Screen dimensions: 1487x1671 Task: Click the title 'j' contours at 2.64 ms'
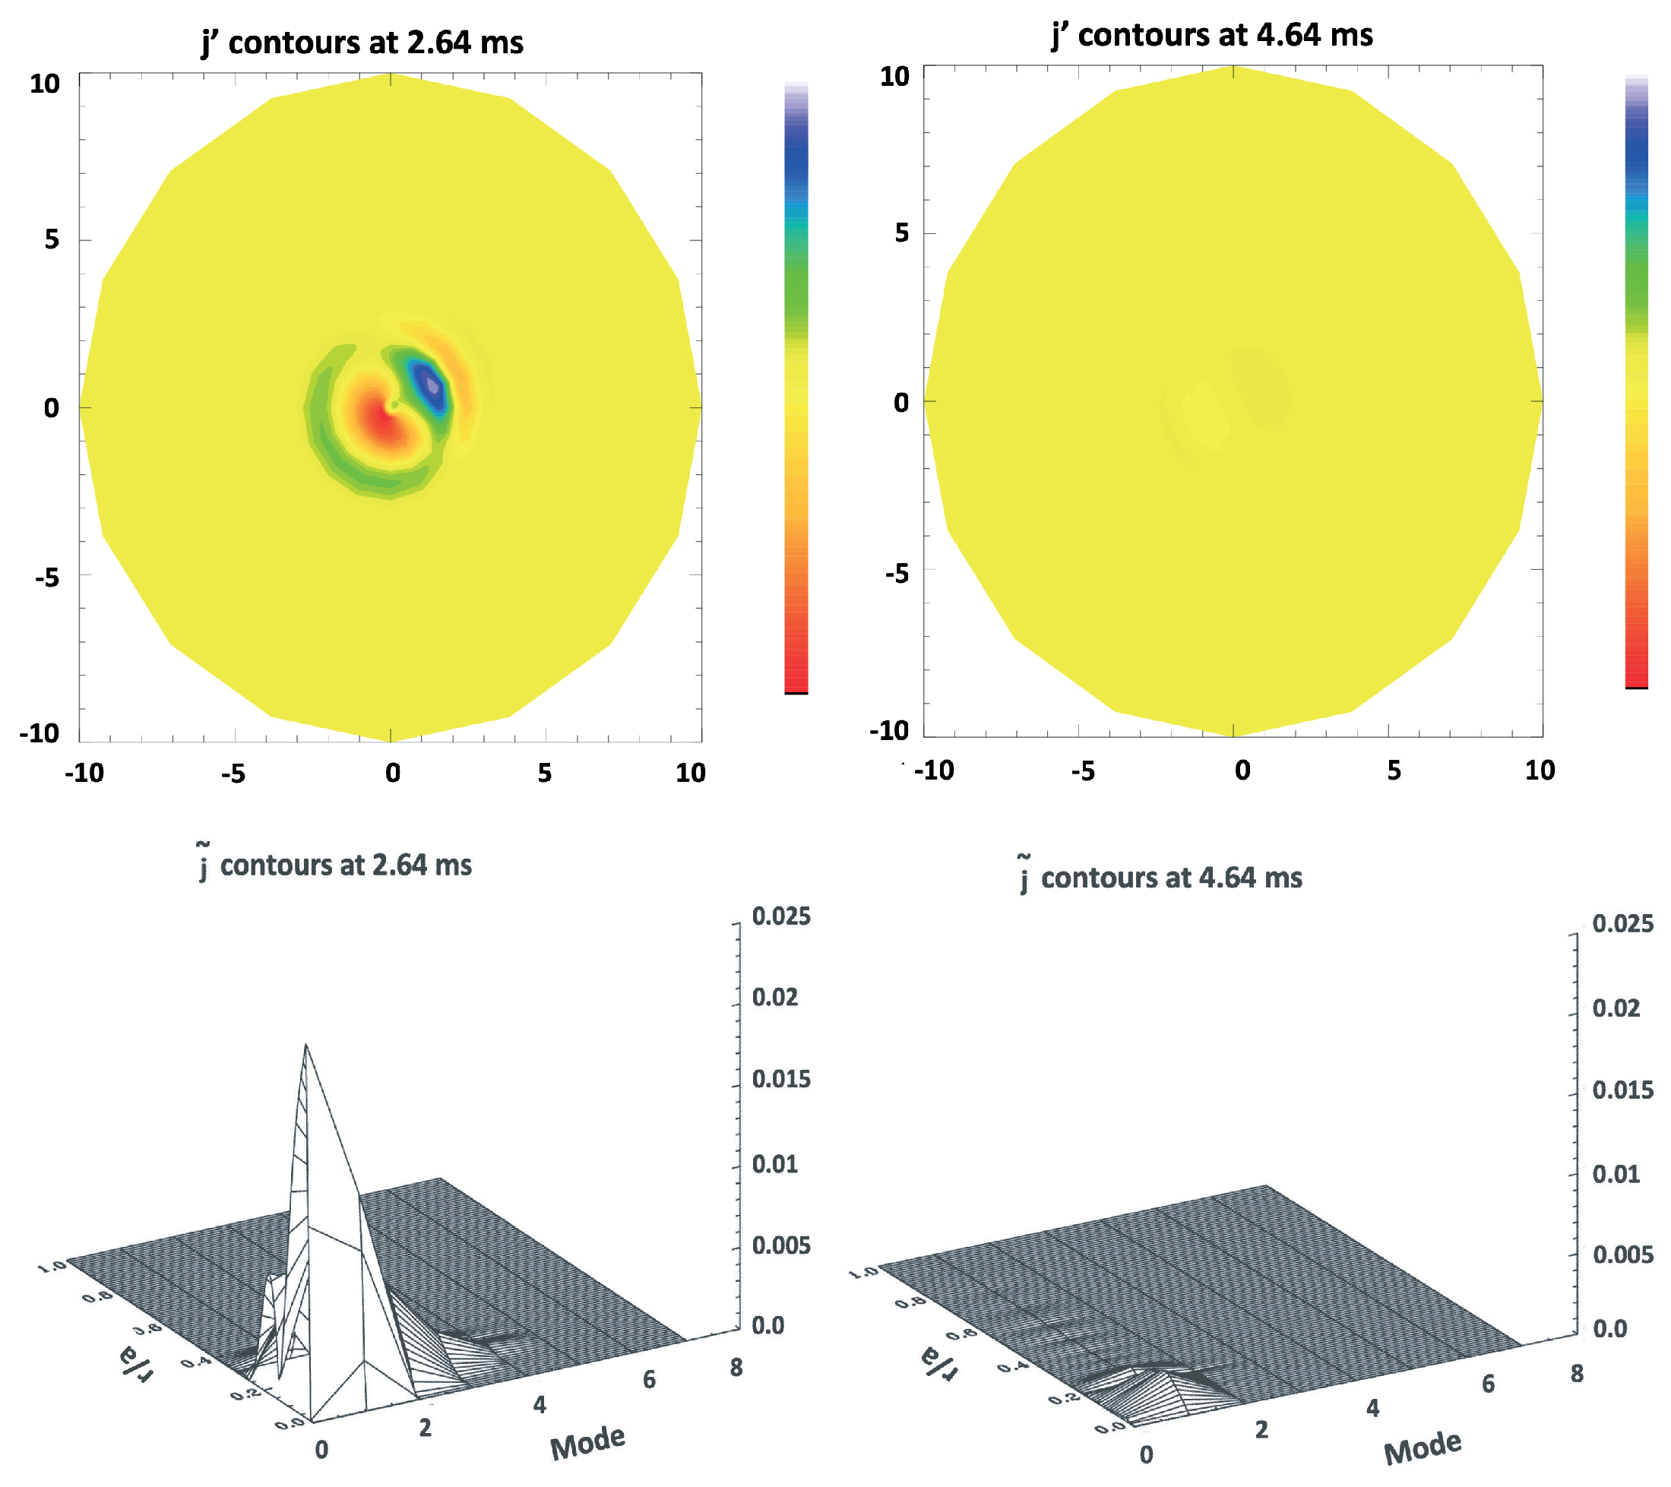click(362, 43)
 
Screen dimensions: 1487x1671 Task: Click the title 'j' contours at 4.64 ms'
click(1211, 35)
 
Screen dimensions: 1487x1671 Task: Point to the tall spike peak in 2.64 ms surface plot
click(305, 1046)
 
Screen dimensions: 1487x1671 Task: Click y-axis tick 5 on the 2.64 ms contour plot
click(52, 239)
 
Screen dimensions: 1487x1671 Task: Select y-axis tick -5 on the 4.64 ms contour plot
click(897, 574)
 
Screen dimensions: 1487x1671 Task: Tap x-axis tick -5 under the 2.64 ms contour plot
click(233, 774)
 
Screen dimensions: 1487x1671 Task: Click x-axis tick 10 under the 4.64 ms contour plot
click(1540, 770)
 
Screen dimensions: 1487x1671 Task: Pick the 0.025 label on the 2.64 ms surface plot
click(780, 916)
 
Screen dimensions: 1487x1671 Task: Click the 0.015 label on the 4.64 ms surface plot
click(1622, 1090)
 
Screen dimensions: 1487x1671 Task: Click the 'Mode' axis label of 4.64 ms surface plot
click(1422, 1447)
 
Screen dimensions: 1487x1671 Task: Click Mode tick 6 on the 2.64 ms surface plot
click(649, 1380)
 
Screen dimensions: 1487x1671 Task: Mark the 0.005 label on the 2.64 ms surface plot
click(780, 1245)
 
